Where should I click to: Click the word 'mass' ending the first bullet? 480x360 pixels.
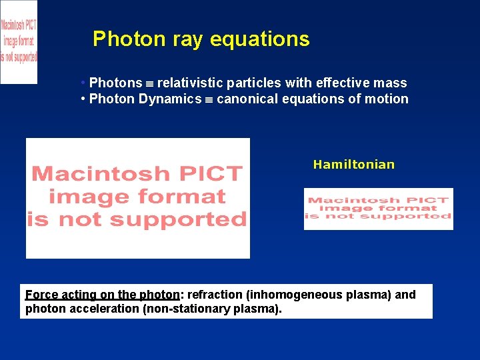click(391, 83)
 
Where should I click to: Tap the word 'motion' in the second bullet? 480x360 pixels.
click(387, 99)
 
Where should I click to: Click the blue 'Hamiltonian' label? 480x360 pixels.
click(353, 165)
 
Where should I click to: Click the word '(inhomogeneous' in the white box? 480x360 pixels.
click(295, 295)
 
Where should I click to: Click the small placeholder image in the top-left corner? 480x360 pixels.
click(19, 41)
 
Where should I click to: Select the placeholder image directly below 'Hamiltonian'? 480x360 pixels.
click(378, 209)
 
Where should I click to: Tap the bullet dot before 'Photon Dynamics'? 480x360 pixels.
click(82, 99)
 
